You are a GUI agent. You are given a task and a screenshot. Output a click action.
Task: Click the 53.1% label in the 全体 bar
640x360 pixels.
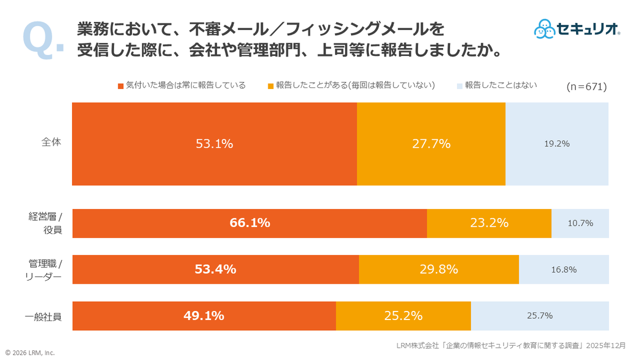(214, 143)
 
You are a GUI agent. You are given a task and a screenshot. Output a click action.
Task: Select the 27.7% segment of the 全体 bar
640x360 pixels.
(431, 143)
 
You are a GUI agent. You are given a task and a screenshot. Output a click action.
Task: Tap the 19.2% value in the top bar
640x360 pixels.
(557, 143)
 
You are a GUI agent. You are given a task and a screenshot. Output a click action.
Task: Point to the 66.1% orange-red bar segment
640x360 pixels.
(250, 223)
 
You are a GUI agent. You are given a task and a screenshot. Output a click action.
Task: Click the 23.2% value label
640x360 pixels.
(489, 223)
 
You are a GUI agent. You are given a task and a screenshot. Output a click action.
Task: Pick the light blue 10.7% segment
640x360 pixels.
(580, 223)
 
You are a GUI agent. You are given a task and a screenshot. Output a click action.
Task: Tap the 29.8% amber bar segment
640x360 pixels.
(439, 269)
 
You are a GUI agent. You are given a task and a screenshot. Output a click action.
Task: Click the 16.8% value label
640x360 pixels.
(564, 269)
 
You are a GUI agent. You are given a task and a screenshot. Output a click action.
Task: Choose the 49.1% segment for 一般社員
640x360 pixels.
(204, 316)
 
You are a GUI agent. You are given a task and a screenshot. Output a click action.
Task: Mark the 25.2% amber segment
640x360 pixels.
(403, 316)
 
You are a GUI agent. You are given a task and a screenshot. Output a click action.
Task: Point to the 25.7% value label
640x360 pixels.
(540, 316)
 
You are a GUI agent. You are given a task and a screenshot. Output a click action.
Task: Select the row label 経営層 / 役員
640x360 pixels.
(45, 223)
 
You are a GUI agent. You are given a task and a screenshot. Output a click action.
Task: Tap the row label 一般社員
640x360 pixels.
(43, 316)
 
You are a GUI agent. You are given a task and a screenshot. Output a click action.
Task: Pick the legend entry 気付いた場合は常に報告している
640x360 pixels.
(181, 85)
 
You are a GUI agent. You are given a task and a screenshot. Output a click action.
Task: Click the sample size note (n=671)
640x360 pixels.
(586, 86)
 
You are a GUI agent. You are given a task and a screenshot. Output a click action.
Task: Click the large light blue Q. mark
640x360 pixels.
(43, 39)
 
